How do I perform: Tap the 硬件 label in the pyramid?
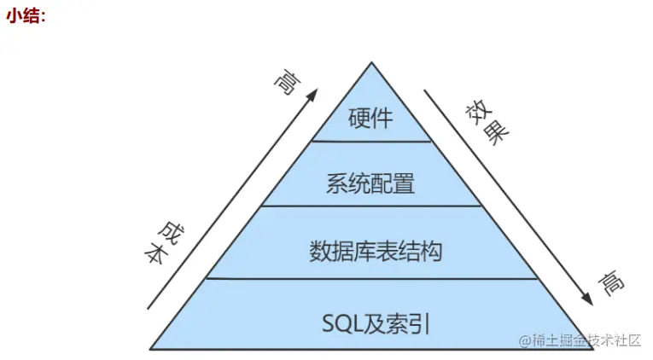(x=371, y=117)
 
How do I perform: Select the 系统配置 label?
(x=370, y=183)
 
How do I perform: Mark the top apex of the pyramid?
(x=372, y=62)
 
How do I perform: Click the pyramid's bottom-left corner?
(x=151, y=349)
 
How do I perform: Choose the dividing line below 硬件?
(x=371, y=141)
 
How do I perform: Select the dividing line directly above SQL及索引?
(x=371, y=278)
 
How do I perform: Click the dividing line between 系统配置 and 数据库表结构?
(x=371, y=206)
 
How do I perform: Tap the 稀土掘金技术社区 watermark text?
(x=580, y=340)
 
